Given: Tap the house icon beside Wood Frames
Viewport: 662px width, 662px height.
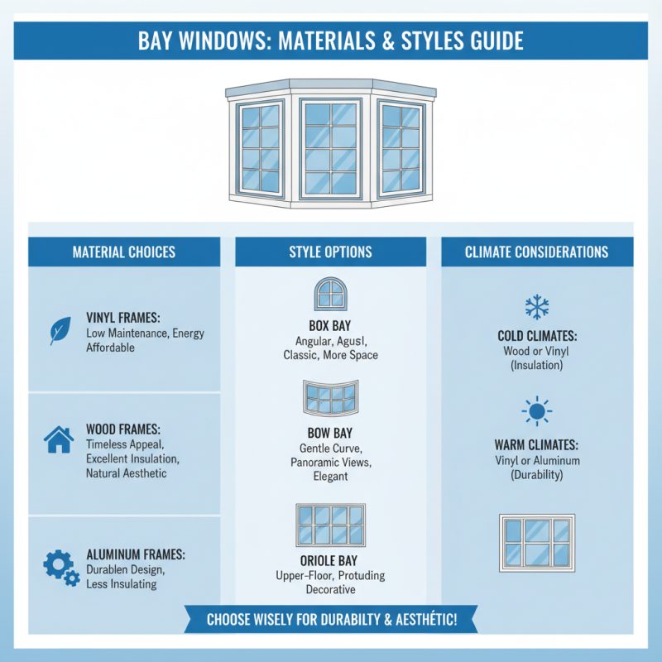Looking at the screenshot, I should pyautogui.click(x=58, y=439).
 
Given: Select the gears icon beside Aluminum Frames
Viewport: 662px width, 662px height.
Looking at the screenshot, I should pyautogui.click(x=60, y=566).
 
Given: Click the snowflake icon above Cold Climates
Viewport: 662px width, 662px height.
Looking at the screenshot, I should pyautogui.click(x=537, y=308).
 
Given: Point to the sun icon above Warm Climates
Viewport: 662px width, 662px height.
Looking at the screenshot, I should pyautogui.click(x=537, y=411).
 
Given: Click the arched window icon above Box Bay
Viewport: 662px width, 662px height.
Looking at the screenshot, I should pyautogui.click(x=330, y=295).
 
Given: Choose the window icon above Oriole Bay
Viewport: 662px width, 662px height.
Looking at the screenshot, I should pyautogui.click(x=330, y=525).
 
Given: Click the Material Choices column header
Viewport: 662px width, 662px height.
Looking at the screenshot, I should pyautogui.click(x=124, y=252).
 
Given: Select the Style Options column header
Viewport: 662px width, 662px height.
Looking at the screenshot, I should pyautogui.click(x=330, y=252).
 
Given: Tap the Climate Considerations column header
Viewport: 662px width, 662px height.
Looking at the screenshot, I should pyautogui.click(x=537, y=252).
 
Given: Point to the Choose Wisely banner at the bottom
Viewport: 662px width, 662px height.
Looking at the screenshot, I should pyautogui.click(x=331, y=619).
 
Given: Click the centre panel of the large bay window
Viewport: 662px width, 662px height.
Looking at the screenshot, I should pyautogui.click(x=330, y=148).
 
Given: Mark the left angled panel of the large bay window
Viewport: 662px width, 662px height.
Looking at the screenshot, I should pyautogui.click(x=261, y=147).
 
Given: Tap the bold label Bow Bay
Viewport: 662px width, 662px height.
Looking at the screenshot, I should pyautogui.click(x=330, y=433).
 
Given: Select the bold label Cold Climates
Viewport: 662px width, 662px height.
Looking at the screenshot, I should pyautogui.click(x=537, y=337).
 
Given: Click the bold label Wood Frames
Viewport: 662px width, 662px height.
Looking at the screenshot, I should pyautogui.click(x=124, y=429).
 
